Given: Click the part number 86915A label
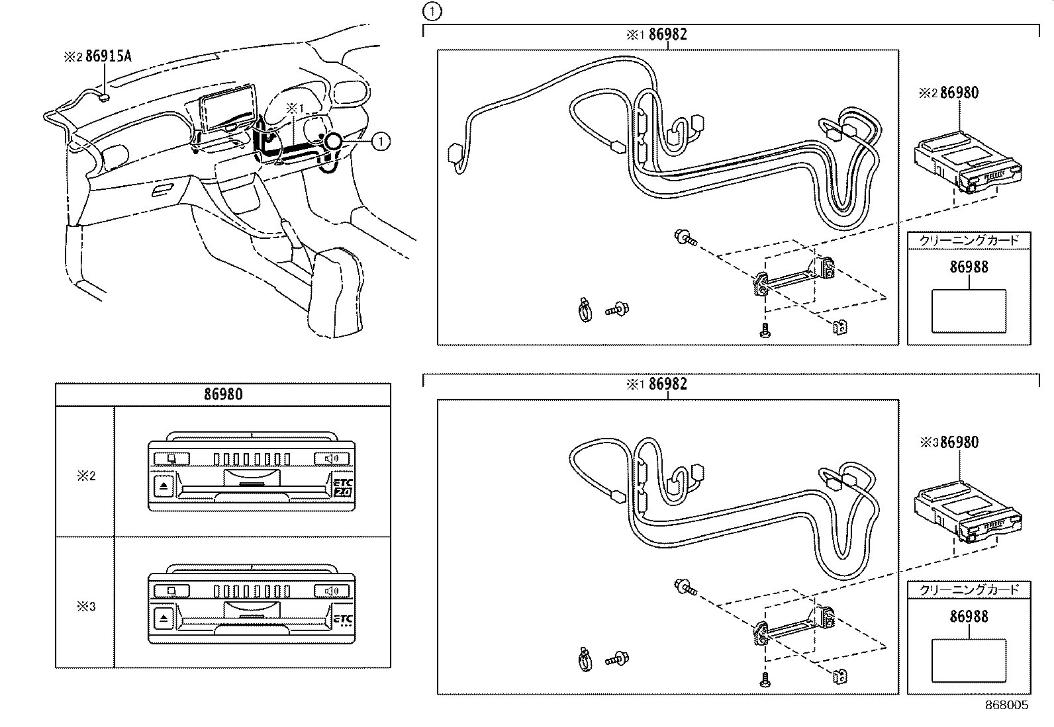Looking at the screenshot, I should pyautogui.click(x=108, y=56).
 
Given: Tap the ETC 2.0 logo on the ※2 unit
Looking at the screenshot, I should pyautogui.click(x=342, y=488).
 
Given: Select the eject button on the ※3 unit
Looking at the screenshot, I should pyautogui.click(x=164, y=619).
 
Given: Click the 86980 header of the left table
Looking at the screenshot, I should pyautogui.click(x=222, y=395).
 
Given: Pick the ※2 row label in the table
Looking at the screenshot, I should pyautogui.click(x=85, y=476).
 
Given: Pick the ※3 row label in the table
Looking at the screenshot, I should pyautogui.click(x=85, y=606).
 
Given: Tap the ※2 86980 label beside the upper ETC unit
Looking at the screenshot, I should pyautogui.click(x=958, y=93).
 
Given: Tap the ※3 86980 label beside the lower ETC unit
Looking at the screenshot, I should pyautogui.click(x=958, y=442).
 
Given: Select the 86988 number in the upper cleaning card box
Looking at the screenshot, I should pyautogui.click(x=969, y=267).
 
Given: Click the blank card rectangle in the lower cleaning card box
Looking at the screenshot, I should pyautogui.click(x=969, y=660).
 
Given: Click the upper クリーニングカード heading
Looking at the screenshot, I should pyautogui.click(x=969, y=240).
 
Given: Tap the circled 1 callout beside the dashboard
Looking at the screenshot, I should pyautogui.click(x=380, y=140).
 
